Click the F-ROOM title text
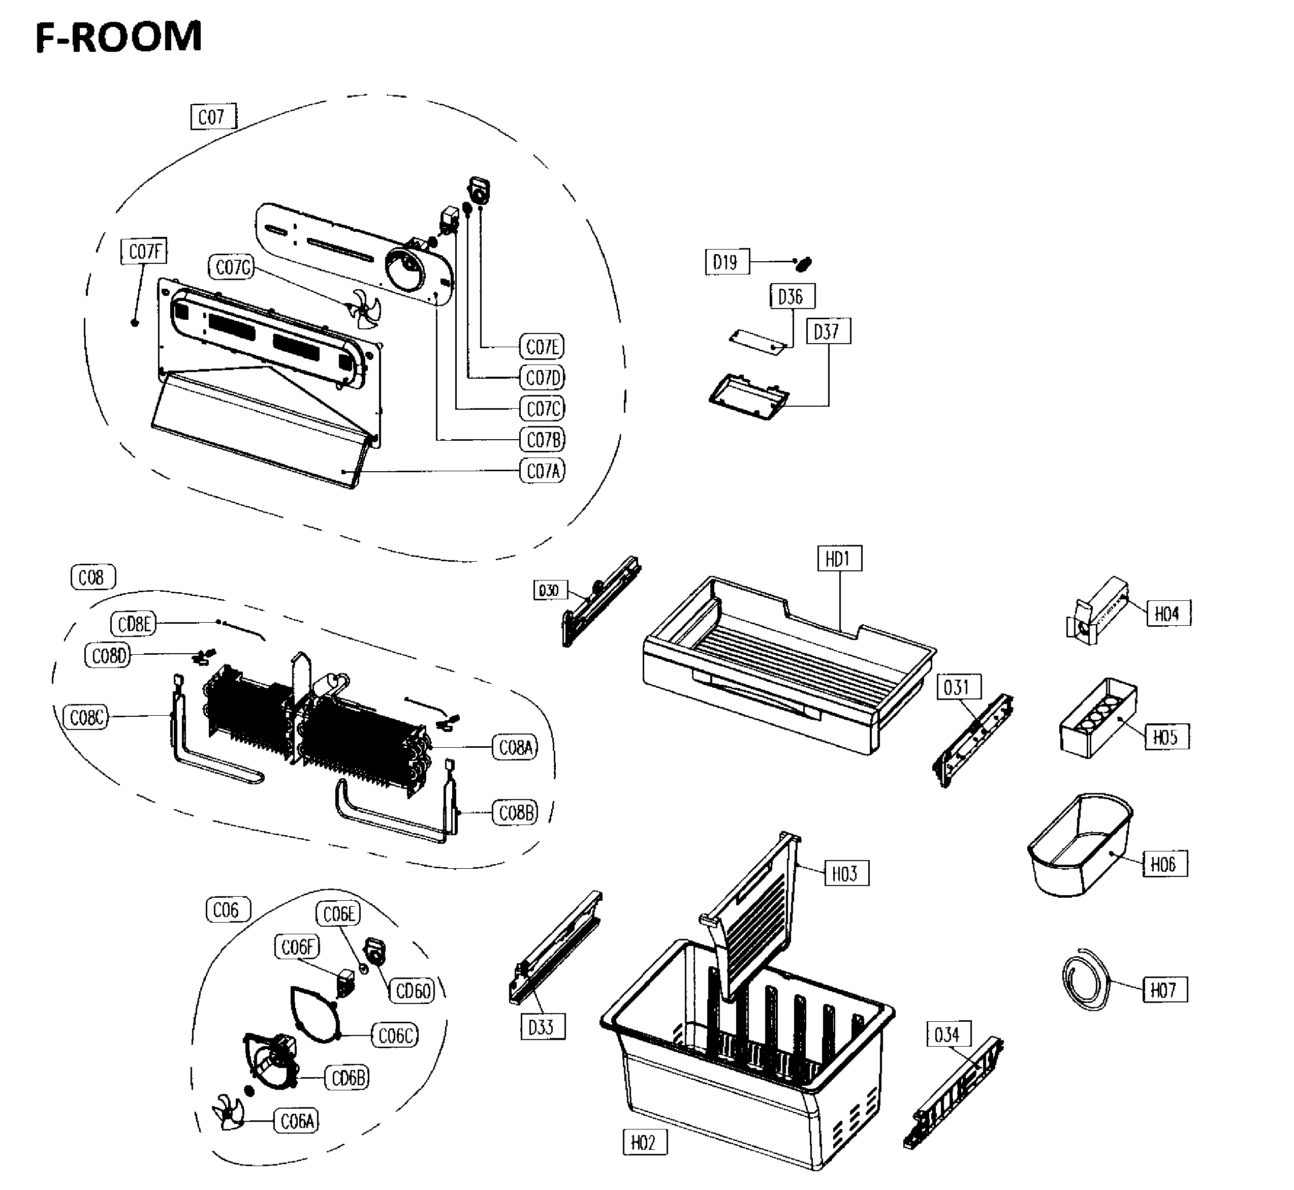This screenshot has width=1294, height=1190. click(x=119, y=37)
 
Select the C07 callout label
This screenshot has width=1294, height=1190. click(x=212, y=117)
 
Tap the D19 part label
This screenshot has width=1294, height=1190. click(x=727, y=262)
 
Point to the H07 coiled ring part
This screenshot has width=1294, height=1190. click(x=1086, y=981)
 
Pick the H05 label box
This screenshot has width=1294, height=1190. click(x=1166, y=737)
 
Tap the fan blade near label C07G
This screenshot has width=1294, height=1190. click(x=364, y=309)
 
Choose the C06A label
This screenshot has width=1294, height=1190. click(x=297, y=1121)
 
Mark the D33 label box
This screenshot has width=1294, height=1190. click(x=542, y=1027)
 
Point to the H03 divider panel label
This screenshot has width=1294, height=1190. click(x=845, y=873)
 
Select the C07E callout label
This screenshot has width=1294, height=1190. click(x=542, y=347)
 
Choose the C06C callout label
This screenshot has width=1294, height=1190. click(x=394, y=1035)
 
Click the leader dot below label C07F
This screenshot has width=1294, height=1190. click(x=135, y=322)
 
